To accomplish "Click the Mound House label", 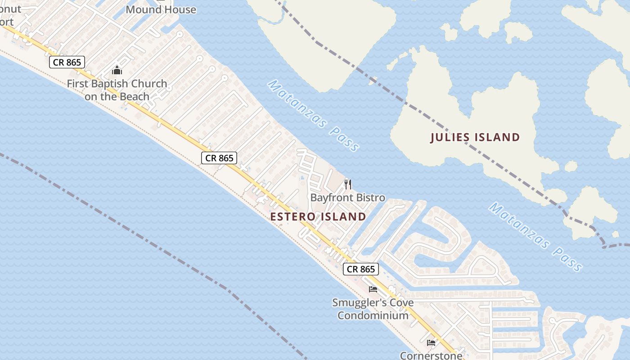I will click(161, 9).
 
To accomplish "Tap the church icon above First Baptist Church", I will click(117, 70).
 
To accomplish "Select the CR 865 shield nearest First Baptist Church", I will click(67, 62).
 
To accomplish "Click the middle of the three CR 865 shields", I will click(219, 158).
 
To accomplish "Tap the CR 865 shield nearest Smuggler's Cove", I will click(361, 269).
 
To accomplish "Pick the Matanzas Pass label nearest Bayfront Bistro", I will click(314, 115).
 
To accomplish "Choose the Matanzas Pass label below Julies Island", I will click(535, 236).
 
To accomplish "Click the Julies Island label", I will click(475, 137).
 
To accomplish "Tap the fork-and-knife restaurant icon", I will click(347, 184).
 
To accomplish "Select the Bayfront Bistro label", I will click(347, 198).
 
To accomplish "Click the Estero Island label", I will click(318, 216).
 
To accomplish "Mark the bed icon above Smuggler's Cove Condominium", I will click(373, 289).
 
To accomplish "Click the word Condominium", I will click(373, 315).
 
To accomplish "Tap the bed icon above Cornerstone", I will click(431, 342).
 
